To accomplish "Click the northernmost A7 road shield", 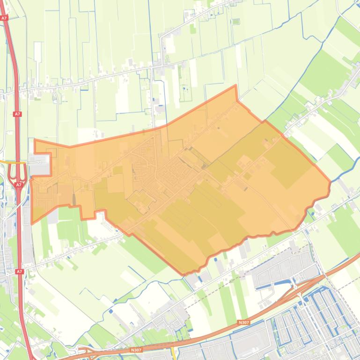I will coord(4,18).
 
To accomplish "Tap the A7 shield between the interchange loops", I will coord(19,185).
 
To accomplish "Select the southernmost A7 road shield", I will coord(19,272).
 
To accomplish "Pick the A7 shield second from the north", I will coord(17,114).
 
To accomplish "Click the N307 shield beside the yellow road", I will coord(136,350).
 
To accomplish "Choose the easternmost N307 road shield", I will coord(243,322).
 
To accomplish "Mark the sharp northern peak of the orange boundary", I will coord(235,86).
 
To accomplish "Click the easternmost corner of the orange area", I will coord(330,181).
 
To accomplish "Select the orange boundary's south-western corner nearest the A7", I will coord(32,223).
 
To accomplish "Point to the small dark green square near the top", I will coord(236,22).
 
